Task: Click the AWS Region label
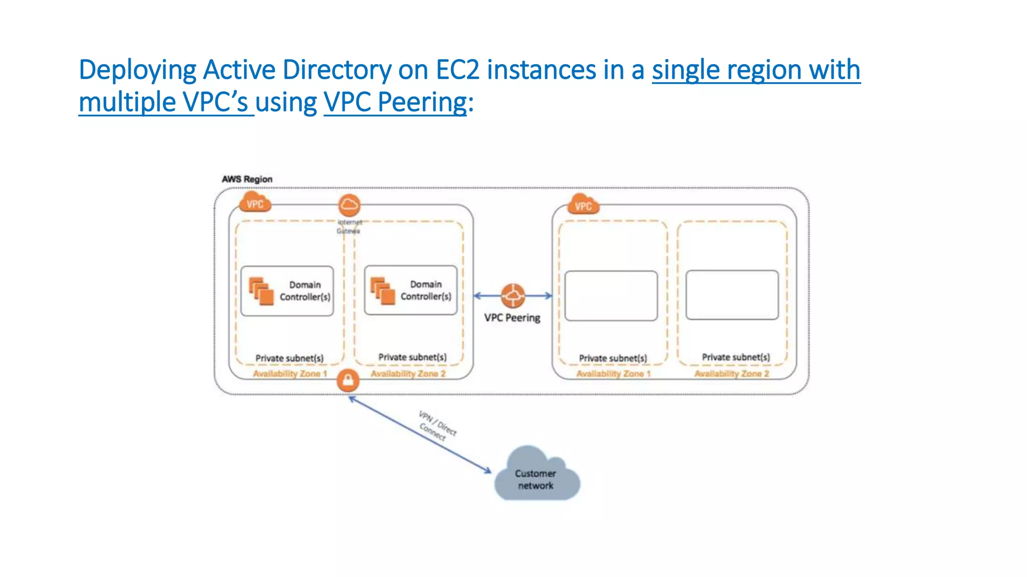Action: pos(247,179)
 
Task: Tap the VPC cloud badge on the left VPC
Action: pos(255,203)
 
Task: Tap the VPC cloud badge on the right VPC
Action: pos(583,205)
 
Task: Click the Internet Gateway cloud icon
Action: pos(349,205)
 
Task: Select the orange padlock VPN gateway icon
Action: pos(348,381)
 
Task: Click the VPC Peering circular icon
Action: pos(512,296)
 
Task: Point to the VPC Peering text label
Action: pos(512,318)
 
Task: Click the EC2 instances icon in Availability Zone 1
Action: pos(261,291)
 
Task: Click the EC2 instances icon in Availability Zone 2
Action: pos(383,291)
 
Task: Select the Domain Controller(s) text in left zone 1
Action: pos(305,291)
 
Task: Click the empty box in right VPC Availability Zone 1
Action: pos(611,296)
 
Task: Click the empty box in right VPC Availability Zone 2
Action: pos(732,295)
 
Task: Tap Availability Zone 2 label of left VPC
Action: pos(408,374)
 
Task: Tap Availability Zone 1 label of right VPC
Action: pos(613,374)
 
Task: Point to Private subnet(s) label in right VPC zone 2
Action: pos(736,357)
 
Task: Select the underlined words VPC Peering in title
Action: pos(395,102)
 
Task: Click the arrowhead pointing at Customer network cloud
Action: pos(488,470)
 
